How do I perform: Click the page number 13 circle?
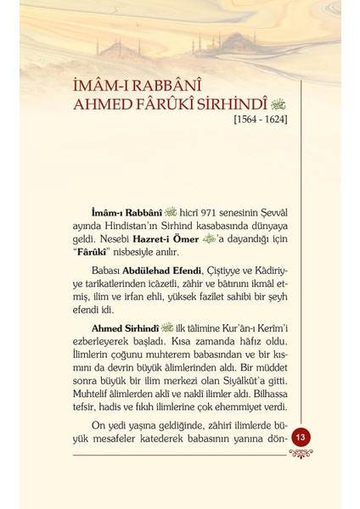tap(301, 436)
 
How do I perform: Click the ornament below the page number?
tap(301, 452)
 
